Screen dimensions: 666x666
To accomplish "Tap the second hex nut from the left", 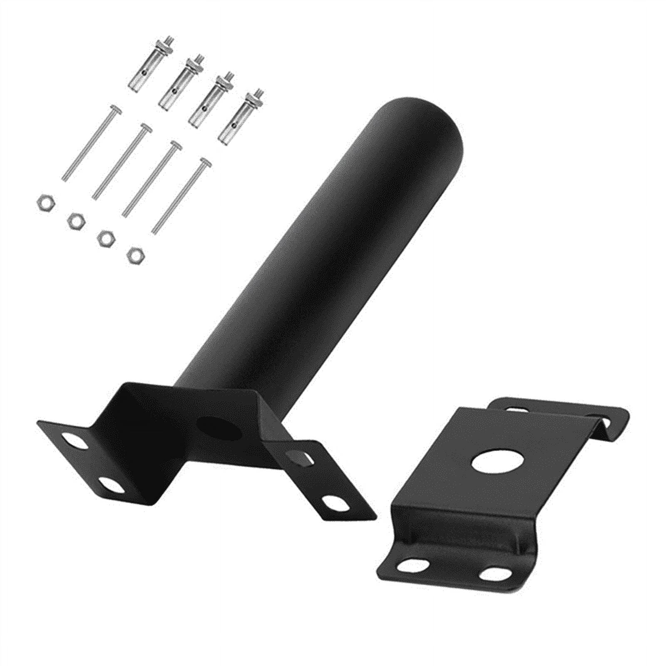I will pyautogui.click(x=75, y=220).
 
